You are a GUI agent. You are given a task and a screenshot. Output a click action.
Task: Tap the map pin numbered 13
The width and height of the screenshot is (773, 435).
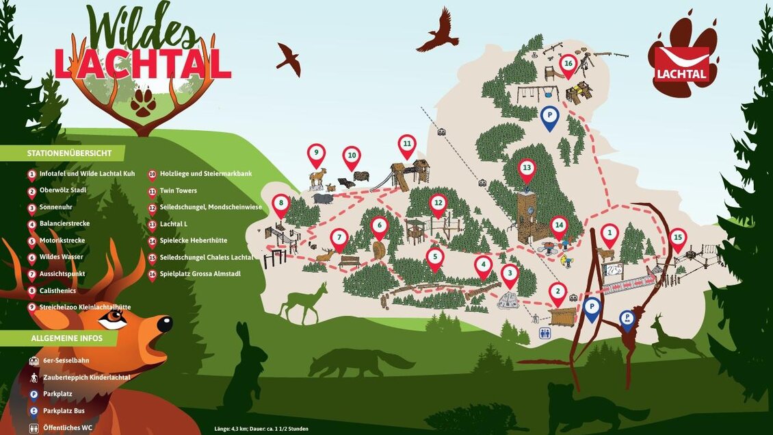(x=526, y=169)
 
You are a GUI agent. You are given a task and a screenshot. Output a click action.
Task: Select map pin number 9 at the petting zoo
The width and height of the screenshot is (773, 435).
(x=316, y=154)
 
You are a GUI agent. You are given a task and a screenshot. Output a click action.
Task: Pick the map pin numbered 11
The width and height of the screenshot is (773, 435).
(x=407, y=145)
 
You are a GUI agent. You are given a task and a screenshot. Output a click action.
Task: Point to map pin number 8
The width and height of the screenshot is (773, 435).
(x=280, y=204)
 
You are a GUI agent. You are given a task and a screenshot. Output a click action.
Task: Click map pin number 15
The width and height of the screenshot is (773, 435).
(x=677, y=238)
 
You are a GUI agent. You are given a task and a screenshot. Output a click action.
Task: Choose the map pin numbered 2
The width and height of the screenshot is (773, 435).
(x=558, y=293)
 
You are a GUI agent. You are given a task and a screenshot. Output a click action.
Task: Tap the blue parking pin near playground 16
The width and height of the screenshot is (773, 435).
(x=549, y=117)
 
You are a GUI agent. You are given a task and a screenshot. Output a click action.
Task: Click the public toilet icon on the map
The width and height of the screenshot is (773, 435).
(x=545, y=334)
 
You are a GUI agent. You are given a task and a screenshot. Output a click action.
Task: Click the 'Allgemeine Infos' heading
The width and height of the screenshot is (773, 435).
(x=66, y=338)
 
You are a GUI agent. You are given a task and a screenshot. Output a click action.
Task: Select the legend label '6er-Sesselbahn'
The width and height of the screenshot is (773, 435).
(x=66, y=360)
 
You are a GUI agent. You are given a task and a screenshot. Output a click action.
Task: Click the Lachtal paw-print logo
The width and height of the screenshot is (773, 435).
(x=683, y=60)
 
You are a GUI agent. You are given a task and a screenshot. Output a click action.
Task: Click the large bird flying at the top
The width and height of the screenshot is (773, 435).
(x=438, y=31)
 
